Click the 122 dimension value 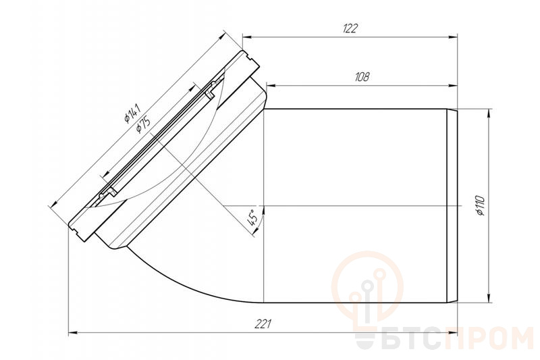(350, 28)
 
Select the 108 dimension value (362, 76)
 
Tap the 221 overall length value (263, 324)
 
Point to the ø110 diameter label (480, 205)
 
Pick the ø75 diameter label (143, 125)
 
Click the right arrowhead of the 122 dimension (452, 37)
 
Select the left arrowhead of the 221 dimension (74, 333)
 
